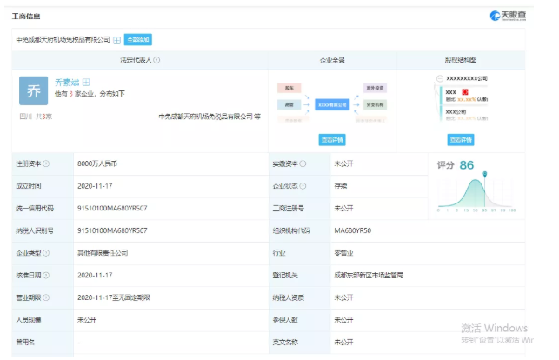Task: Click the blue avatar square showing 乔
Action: (34, 90)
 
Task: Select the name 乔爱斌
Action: (67, 82)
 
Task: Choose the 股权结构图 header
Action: (460, 60)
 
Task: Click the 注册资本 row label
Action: (30, 163)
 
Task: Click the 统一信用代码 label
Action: (34, 209)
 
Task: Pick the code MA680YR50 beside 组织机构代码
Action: (352, 230)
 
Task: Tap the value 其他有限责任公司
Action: (103, 253)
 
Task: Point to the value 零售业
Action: (343, 253)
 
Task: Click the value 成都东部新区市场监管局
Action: (368, 276)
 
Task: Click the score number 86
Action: (466, 165)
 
